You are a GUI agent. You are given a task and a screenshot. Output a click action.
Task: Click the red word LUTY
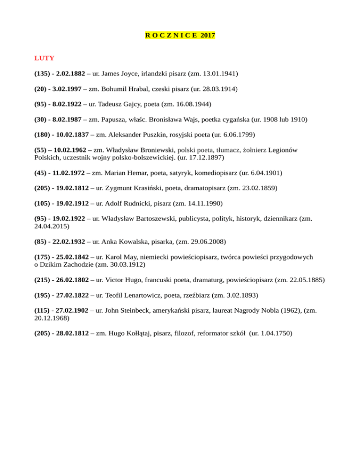tap(44, 58)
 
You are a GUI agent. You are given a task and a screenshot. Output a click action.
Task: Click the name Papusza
tap(120, 120)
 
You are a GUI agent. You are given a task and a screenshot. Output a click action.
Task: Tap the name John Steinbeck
tap(131, 310)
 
